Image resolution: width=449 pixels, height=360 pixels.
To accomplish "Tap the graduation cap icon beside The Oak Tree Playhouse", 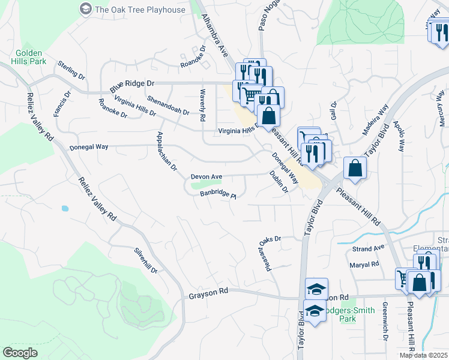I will coord(86,9).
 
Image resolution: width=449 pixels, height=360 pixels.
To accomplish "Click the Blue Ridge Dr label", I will coord(132,86).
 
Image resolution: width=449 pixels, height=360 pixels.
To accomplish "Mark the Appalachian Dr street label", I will coord(166,151).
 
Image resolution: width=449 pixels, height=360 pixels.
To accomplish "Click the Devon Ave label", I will coord(206,177).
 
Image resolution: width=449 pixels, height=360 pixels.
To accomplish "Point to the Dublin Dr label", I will coord(279,182).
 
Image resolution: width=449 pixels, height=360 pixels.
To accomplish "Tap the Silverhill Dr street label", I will coord(146,261).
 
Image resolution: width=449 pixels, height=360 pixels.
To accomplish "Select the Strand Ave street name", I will coord(368,248).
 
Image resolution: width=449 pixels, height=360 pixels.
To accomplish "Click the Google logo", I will coord(20,353).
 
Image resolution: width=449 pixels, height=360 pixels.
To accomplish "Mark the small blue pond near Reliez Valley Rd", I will coord(64,209).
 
